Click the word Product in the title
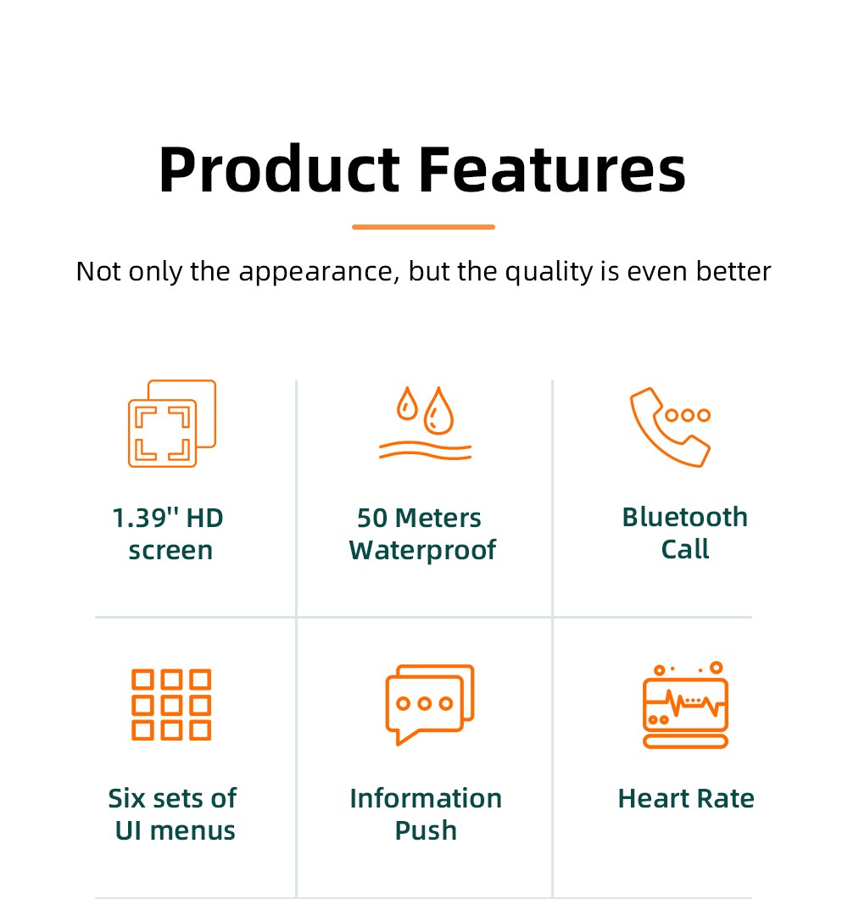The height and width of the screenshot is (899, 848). click(x=278, y=170)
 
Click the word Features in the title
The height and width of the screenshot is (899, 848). click(x=552, y=170)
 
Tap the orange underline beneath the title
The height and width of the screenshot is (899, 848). click(x=423, y=227)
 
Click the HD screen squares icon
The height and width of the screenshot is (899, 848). click(x=172, y=424)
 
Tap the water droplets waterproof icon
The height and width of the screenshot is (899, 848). click(x=425, y=424)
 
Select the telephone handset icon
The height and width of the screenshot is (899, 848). click(x=670, y=426)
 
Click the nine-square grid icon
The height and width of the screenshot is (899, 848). click(x=171, y=704)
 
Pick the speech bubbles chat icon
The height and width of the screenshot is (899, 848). click(x=429, y=703)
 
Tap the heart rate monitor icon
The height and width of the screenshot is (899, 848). click(x=685, y=705)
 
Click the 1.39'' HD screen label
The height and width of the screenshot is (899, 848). click(x=169, y=534)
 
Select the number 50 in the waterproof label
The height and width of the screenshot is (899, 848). click(x=371, y=518)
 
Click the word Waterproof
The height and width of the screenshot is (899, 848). click(x=422, y=551)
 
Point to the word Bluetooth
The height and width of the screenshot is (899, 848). click(x=685, y=517)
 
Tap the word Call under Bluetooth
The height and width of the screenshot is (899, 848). click(x=685, y=550)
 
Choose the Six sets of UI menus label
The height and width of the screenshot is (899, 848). click(x=173, y=814)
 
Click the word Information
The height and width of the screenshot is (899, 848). click(x=426, y=798)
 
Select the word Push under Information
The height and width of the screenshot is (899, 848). click(x=426, y=830)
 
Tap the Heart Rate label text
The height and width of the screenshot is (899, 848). click(x=686, y=798)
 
